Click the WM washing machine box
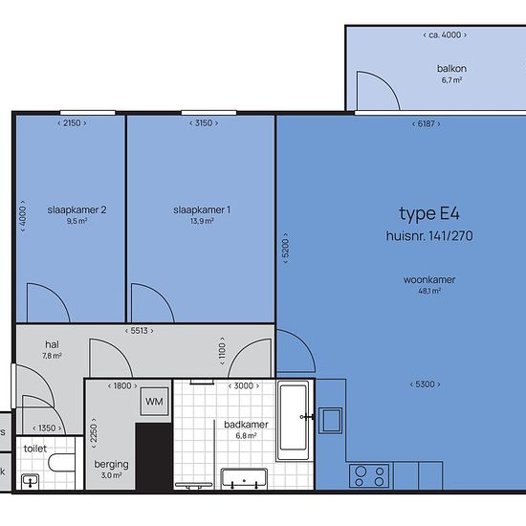coord(154,402)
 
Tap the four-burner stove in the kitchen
coord(369,475)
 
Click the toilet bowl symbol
coord(61,463)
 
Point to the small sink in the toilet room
coord(31,482)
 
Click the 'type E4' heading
coord(429,213)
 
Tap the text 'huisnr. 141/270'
coord(429,236)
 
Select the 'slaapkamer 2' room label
coord(77,210)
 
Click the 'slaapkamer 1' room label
coord(202,210)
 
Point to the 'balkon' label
coord(451,69)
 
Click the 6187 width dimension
coord(426,123)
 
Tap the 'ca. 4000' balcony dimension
coord(445,34)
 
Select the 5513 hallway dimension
coord(140,331)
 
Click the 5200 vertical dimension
coord(286,248)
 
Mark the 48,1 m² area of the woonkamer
coord(429,291)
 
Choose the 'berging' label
coord(111,465)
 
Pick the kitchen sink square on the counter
coord(331,421)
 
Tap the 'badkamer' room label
coord(246,425)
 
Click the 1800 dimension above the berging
coord(122,385)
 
